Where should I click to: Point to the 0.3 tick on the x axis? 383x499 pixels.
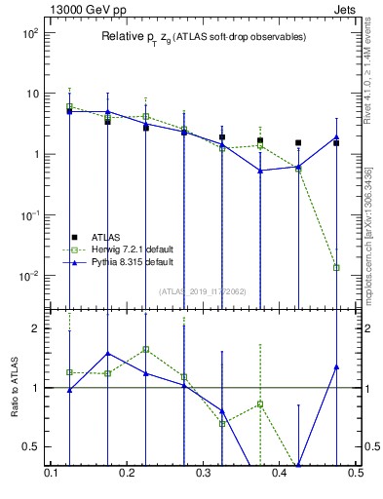click(x=204, y=473)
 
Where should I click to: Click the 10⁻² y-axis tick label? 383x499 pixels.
click(x=28, y=276)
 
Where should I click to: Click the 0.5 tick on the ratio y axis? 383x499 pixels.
click(x=34, y=447)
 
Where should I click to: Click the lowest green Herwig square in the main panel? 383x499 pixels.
click(x=336, y=267)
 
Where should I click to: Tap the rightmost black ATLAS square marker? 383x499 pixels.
click(x=336, y=143)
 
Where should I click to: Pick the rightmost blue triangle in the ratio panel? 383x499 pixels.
click(x=336, y=366)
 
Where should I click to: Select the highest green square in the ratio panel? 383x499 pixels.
click(x=145, y=349)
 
